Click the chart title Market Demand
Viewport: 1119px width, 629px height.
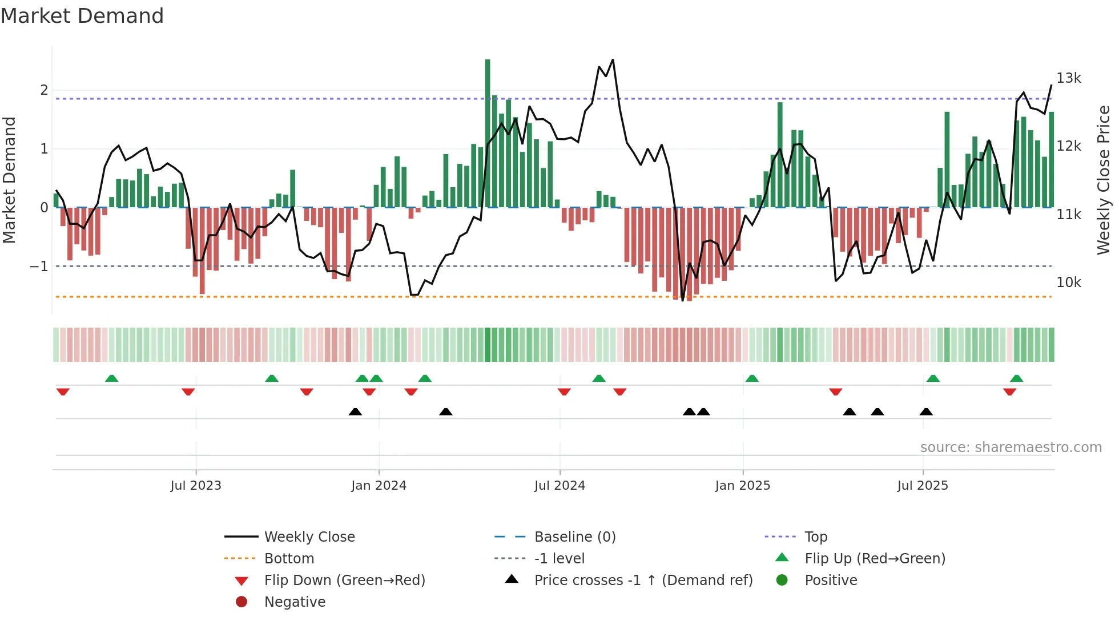tap(82, 16)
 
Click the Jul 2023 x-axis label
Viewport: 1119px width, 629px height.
tap(195, 486)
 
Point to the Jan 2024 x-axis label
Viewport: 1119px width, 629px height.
tap(379, 486)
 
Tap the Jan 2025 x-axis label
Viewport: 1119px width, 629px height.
tap(742, 486)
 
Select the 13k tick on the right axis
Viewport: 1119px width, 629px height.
tap(1068, 78)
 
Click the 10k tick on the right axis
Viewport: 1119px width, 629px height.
tap(1068, 283)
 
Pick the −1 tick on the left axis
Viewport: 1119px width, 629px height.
tap(39, 267)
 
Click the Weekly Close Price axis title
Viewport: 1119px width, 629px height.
tap(1103, 180)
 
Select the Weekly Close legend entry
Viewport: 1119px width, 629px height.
tap(309, 537)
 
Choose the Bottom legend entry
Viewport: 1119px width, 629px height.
tap(289, 559)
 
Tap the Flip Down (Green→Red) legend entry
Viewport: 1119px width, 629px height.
tap(344, 580)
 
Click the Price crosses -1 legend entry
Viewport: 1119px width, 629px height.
tap(643, 580)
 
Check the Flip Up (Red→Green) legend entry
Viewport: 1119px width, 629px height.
tap(875, 559)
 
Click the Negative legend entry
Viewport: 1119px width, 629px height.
tap(295, 602)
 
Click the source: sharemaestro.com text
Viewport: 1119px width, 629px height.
tap(1011, 447)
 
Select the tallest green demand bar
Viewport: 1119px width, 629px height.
tap(488, 132)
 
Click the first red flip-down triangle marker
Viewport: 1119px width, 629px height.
tap(63, 392)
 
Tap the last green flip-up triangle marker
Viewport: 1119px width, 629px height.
tap(1016, 378)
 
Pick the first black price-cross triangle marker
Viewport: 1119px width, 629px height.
tap(355, 412)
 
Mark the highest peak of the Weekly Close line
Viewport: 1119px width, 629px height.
tap(613, 60)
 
